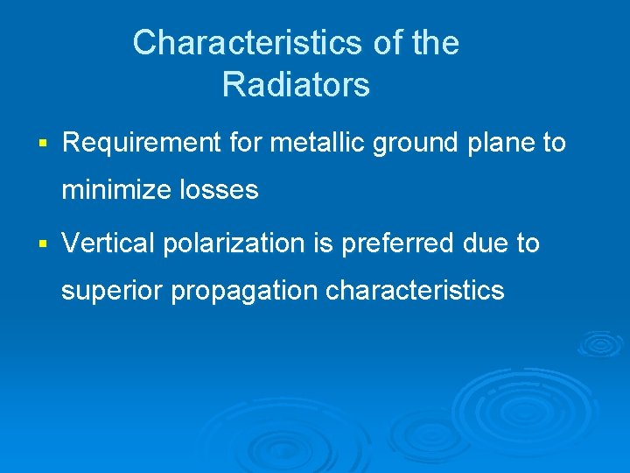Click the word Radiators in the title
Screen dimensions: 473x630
pos(296,86)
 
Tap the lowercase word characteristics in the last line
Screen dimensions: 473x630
pos(415,291)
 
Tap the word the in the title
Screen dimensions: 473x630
pos(434,43)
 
